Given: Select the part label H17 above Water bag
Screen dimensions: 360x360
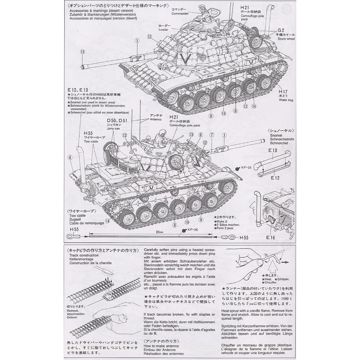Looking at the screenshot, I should pos(283,92).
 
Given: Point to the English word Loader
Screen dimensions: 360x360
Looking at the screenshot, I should pos(163,30).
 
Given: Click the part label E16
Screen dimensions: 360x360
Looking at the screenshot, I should pos(270,238).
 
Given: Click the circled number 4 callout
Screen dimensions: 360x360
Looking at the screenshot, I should pos(69,157).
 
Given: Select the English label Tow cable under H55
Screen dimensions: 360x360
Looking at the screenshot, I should pos(91,142).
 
